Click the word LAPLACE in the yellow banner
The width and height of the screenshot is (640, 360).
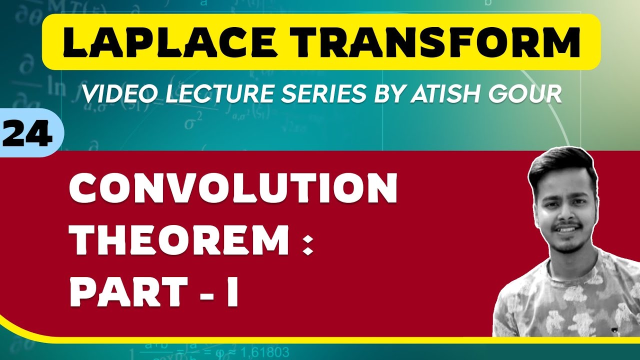coord(167,42)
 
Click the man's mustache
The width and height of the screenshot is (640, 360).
coord(568,225)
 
